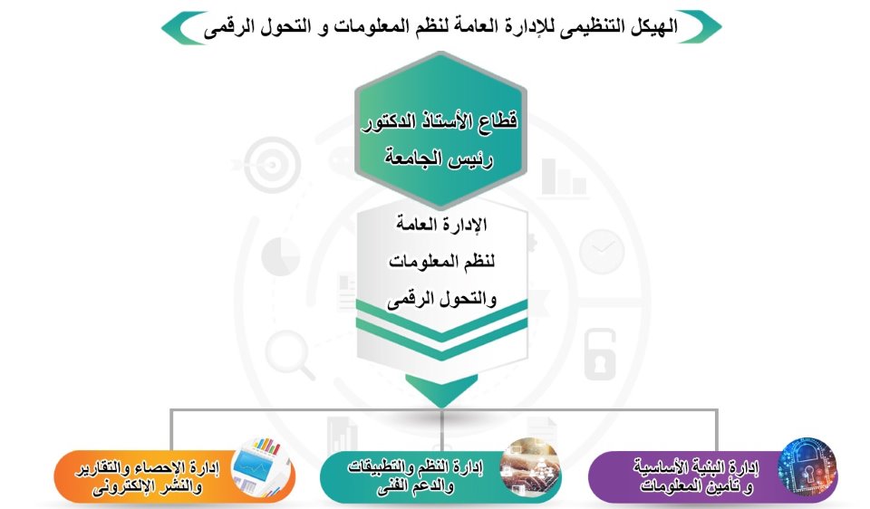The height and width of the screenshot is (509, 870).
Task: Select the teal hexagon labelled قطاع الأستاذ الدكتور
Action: [440, 130]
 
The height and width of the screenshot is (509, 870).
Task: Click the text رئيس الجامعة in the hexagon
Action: [440, 158]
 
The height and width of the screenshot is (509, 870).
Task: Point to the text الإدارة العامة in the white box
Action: [441, 224]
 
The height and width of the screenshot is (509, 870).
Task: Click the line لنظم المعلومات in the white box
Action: [441, 261]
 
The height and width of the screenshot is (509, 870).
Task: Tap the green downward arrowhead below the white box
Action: [441, 389]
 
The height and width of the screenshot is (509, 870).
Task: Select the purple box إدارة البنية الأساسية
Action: [713, 476]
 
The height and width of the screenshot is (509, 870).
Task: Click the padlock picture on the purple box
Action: [807, 466]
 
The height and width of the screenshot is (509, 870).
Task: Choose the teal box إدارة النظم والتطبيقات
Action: [441, 476]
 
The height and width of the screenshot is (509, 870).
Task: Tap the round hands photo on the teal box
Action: [530, 466]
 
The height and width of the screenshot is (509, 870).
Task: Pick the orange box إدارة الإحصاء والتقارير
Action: [175, 476]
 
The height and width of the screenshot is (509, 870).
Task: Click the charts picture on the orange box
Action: [261, 466]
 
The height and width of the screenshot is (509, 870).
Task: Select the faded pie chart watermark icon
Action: [281, 256]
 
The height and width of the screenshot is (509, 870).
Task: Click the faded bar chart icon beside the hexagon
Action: [564, 178]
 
